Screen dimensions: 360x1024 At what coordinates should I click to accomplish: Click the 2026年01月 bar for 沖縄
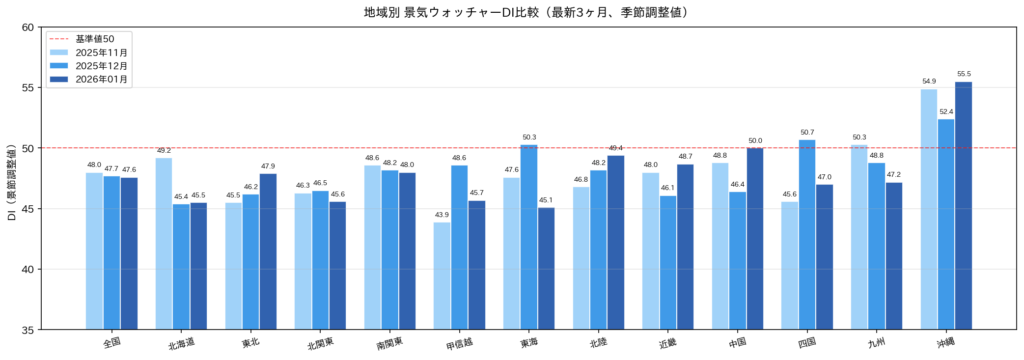[963, 206]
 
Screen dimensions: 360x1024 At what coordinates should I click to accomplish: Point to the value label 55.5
[964, 74]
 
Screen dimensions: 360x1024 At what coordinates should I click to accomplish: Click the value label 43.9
[442, 215]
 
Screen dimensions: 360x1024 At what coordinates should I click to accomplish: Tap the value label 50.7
[807, 133]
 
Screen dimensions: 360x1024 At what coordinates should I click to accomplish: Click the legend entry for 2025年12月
[101, 66]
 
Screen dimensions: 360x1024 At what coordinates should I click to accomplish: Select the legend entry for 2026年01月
[101, 79]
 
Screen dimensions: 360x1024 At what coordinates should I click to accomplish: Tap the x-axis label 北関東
[320, 343]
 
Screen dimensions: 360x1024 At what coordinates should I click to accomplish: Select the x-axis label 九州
[876, 342]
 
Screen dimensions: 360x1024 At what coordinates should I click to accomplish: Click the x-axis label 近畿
[667, 343]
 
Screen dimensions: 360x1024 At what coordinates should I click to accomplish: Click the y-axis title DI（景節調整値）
[12, 182]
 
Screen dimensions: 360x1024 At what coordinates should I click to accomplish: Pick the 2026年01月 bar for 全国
[129, 253]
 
